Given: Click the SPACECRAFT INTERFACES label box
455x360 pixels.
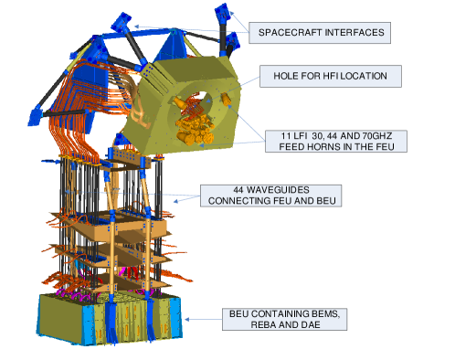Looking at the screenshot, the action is point(322,33).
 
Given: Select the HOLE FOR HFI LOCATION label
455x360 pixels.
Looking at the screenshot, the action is point(330,76).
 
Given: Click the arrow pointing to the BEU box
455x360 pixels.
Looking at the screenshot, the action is point(201,319).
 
